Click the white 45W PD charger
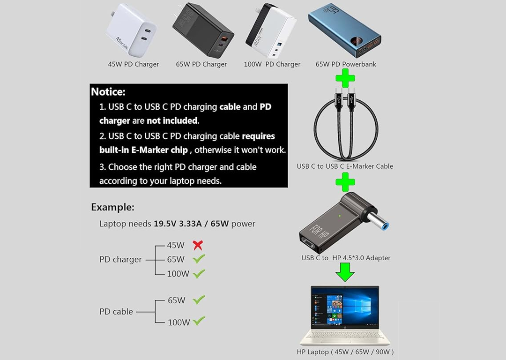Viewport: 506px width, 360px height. pos(131,30)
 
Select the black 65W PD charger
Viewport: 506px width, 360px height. pos(203,30)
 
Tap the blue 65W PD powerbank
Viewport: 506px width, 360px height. pos(344,30)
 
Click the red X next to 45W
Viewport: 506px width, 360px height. pos(198,245)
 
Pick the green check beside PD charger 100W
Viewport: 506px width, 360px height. pos(199,274)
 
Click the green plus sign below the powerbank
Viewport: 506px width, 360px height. pos(345,78)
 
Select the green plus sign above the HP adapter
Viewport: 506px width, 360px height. pos(345,182)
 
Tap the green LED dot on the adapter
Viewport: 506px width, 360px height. pos(340,216)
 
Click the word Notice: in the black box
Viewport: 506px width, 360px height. pos(108,92)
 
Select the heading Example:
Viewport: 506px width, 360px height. pos(112,207)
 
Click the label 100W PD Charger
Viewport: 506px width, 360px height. pos(272,64)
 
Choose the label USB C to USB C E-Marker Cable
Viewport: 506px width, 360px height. pos(345,166)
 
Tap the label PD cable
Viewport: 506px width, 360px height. pos(116,312)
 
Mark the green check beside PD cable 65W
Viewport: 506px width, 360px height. pos(199,300)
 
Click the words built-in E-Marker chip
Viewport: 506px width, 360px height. pos(144,150)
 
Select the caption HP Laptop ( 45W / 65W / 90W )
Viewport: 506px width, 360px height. pos(345,352)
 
